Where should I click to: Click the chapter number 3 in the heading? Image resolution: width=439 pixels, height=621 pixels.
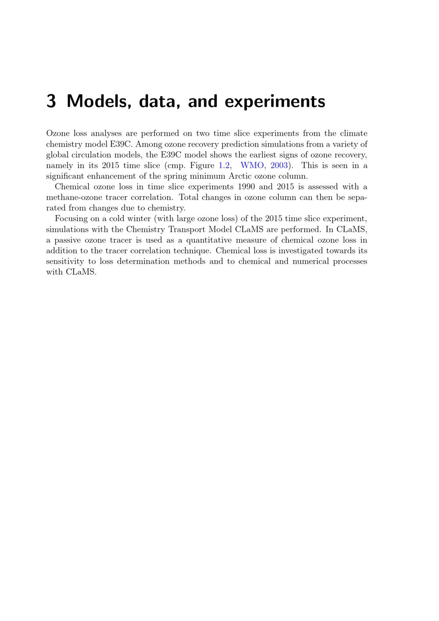(51, 101)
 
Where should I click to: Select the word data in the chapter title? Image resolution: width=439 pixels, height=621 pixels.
(156, 101)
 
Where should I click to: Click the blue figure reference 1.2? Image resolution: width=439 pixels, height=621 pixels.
(224, 165)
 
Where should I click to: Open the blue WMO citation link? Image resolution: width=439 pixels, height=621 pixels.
(252, 165)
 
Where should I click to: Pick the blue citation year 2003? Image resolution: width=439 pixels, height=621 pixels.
(279, 165)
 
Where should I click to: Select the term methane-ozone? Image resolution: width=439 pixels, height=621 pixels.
(73, 197)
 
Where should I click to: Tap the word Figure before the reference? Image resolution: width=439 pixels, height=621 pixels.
(202, 166)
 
